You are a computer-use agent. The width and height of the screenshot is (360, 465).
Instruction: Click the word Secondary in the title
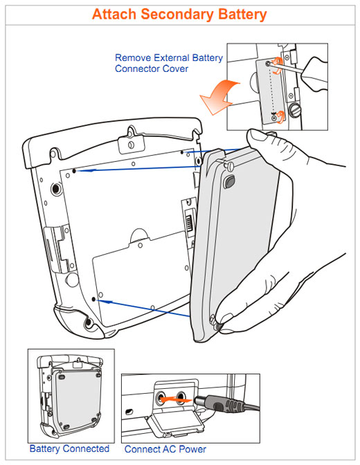pyautogui.click(x=177, y=15)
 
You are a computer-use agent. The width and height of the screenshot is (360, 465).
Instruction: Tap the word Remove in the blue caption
pyautogui.click(x=133, y=57)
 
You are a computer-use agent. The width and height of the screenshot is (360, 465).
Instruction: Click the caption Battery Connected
pyautogui.click(x=69, y=448)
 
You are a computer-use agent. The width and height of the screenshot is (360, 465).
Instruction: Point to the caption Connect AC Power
pyautogui.click(x=165, y=449)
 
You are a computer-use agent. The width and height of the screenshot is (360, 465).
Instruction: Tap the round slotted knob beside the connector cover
pyautogui.click(x=294, y=111)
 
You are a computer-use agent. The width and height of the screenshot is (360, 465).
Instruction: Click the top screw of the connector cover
pyautogui.click(x=268, y=64)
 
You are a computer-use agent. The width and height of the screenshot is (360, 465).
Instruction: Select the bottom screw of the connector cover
pyautogui.click(x=274, y=118)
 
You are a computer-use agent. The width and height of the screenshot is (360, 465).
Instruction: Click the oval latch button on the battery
pyautogui.click(x=229, y=181)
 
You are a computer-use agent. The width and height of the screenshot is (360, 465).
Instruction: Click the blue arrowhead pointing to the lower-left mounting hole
pyautogui.click(x=107, y=302)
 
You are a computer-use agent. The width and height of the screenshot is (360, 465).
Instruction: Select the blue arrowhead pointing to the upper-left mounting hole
pyautogui.click(x=89, y=170)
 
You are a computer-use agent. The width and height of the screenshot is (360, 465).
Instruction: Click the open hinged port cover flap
pyautogui.click(x=175, y=426)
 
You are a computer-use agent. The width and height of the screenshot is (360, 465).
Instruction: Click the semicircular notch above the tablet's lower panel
pyautogui.click(x=139, y=235)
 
